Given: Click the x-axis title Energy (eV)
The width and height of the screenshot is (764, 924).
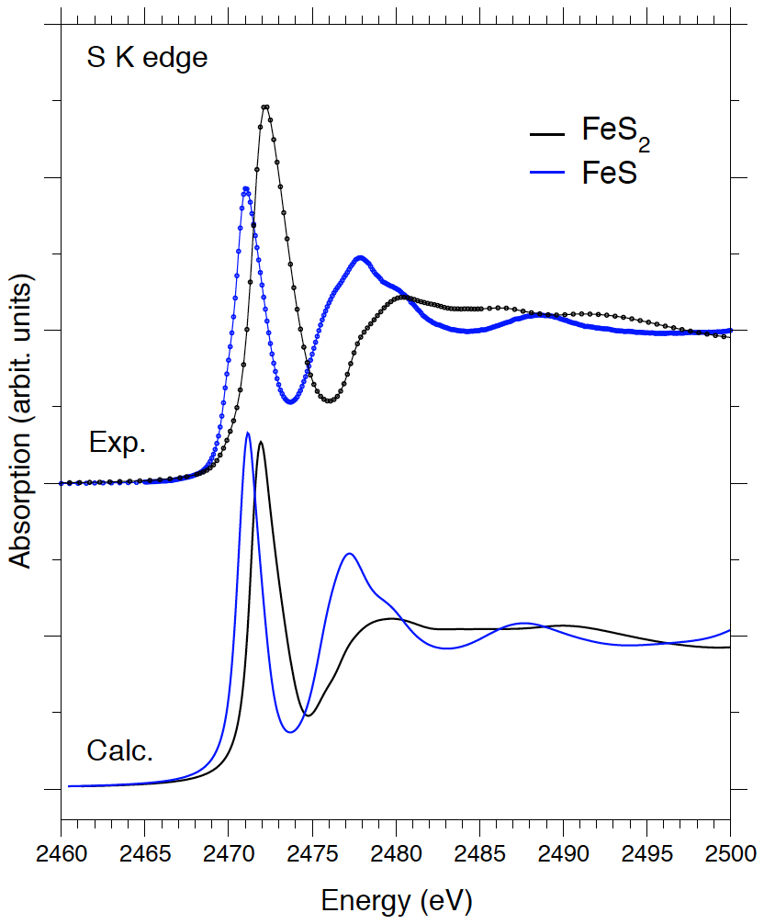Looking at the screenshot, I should pyautogui.click(x=396, y=900).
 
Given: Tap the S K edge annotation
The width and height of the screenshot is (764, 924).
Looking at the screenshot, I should pyautogui.click(x=147, y=58).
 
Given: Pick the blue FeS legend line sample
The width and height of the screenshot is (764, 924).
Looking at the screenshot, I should pyautogui.click(x=547, y=173).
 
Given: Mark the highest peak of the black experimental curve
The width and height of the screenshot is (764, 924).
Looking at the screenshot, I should pyautogui.click(x=265, y=107).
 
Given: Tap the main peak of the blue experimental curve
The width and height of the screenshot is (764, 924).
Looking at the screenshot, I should pyautogui.click(x=246, y=189).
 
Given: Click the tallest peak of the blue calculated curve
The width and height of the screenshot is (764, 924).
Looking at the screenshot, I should pyautogui.click(x=248, y=433).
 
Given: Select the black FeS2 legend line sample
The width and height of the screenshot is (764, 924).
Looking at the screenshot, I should pyautogui.click(x=547, y=134).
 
